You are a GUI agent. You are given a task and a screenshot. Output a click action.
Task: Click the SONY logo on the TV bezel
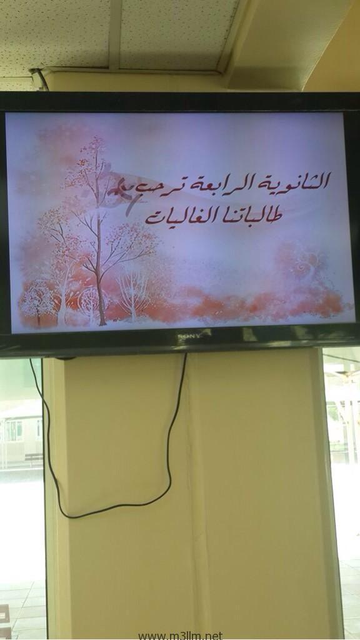tap(189, 336)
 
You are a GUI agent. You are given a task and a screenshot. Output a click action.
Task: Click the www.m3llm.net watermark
tap(180, 636)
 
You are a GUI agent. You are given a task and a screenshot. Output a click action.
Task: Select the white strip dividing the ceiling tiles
tap(115, 34)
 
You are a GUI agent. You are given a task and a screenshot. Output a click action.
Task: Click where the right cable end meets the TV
tap(185, 354)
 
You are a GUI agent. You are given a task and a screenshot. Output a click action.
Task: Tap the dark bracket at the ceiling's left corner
tap(39, 77)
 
